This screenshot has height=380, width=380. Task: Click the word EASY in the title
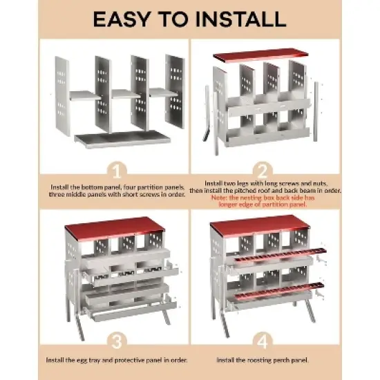[x=128, y=18]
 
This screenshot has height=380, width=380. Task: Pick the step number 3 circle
[x=116, y=341]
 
